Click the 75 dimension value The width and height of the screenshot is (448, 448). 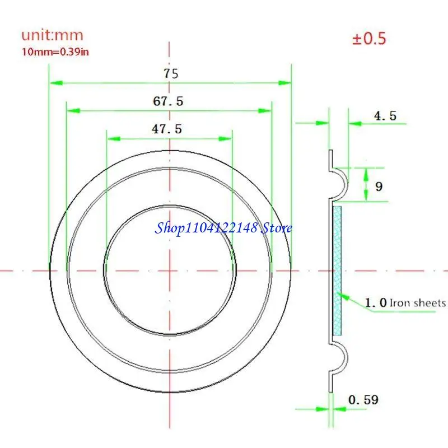[171, 73]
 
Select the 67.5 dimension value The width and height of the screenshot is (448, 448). [168, 101]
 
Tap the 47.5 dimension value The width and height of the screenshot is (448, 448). [167, 129]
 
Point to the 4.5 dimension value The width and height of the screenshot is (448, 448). [385, 116]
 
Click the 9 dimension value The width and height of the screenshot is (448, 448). [379, 186]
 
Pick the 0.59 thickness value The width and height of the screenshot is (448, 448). [363, 400]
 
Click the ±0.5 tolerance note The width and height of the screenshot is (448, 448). [369, 38]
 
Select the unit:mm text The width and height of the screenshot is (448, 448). [52, 35]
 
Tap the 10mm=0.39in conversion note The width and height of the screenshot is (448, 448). [55, 52]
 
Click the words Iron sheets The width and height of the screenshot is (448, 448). [417, 302]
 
